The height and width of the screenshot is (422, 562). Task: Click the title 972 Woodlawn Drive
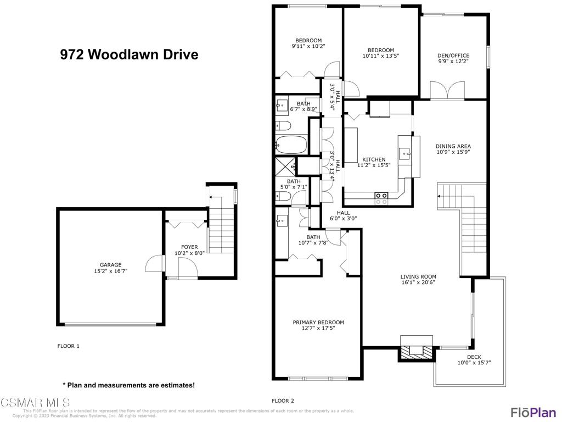(129, 55)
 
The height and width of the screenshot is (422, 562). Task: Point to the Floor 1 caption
(69, 346)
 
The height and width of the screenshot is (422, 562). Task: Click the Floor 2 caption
(283, 401)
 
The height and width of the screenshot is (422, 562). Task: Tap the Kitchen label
(374, 160)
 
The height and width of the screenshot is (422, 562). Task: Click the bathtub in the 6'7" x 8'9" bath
(291, 145)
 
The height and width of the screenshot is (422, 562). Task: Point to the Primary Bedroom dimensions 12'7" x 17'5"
(318, 328)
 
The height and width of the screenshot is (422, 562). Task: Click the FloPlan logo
(532, 412)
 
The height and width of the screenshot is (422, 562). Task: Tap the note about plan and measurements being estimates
(128, 385)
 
